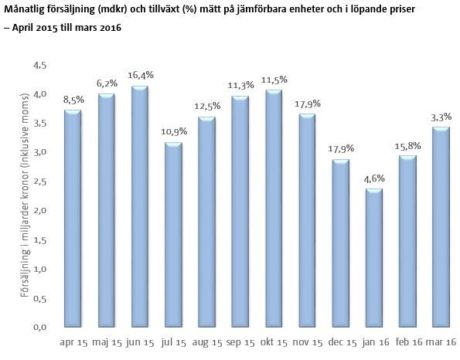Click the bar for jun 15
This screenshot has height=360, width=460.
(x=140, y=206)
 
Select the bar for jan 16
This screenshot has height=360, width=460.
(x=374, y=258)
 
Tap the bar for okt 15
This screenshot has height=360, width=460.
(x=274, y=208)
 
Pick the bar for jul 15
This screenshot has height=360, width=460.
(x=173, y=235)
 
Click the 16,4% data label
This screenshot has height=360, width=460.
(x=141, y=75)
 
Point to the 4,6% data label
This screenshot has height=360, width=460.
(x=374, y=179)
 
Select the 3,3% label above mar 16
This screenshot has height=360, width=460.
(x=441, y=117)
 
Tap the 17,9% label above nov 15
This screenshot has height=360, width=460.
(x=307, y=104)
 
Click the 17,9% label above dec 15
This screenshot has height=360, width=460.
(x=341, y=149)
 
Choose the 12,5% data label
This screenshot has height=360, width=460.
(x=207, y=106)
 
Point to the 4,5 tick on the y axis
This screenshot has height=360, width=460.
(x=40, y=65)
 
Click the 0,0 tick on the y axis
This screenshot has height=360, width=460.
(x=40, y=327)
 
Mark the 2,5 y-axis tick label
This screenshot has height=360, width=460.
(x=40, y=182)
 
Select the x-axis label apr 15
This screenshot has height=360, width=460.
(x=73, y=342)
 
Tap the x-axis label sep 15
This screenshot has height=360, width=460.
(x=240, y=342)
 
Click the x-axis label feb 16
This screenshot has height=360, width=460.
(x=409, y=342)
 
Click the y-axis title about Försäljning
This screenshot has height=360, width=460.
(x=24, y=195)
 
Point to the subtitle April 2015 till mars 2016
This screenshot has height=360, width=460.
(x=67, y=27)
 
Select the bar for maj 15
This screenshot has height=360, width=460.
(x=107, y=210)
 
